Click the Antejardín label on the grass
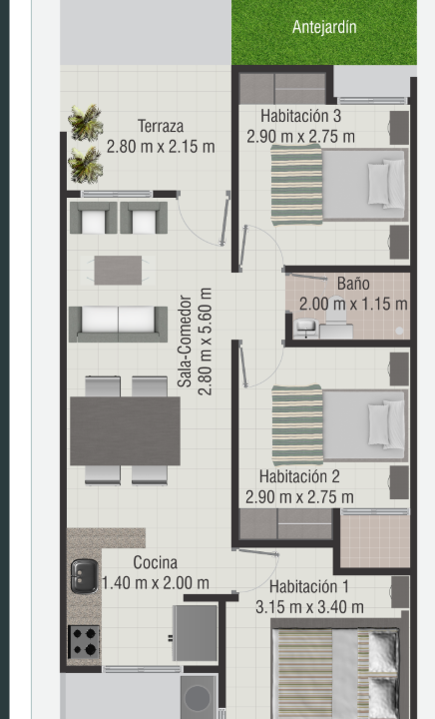(324, 27)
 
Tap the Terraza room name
(161, 126)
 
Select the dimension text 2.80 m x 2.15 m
(161, 146)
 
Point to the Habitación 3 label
(301, 116)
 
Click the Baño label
(353, 283)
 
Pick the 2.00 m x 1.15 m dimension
(353, 304)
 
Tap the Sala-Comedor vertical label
(185, 342)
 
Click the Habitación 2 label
(299, 476)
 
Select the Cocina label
(156, 562)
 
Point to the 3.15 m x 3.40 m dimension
(309, 607)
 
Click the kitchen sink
(84, 576)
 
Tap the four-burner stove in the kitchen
(84, 642)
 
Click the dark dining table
(125, 431)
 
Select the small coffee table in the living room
(118, 270)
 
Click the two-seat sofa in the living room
(118, 324)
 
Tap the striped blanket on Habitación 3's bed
(296, 185)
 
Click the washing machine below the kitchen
(199, 697)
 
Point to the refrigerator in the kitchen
(196, 633)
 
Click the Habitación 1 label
(309, 586)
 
